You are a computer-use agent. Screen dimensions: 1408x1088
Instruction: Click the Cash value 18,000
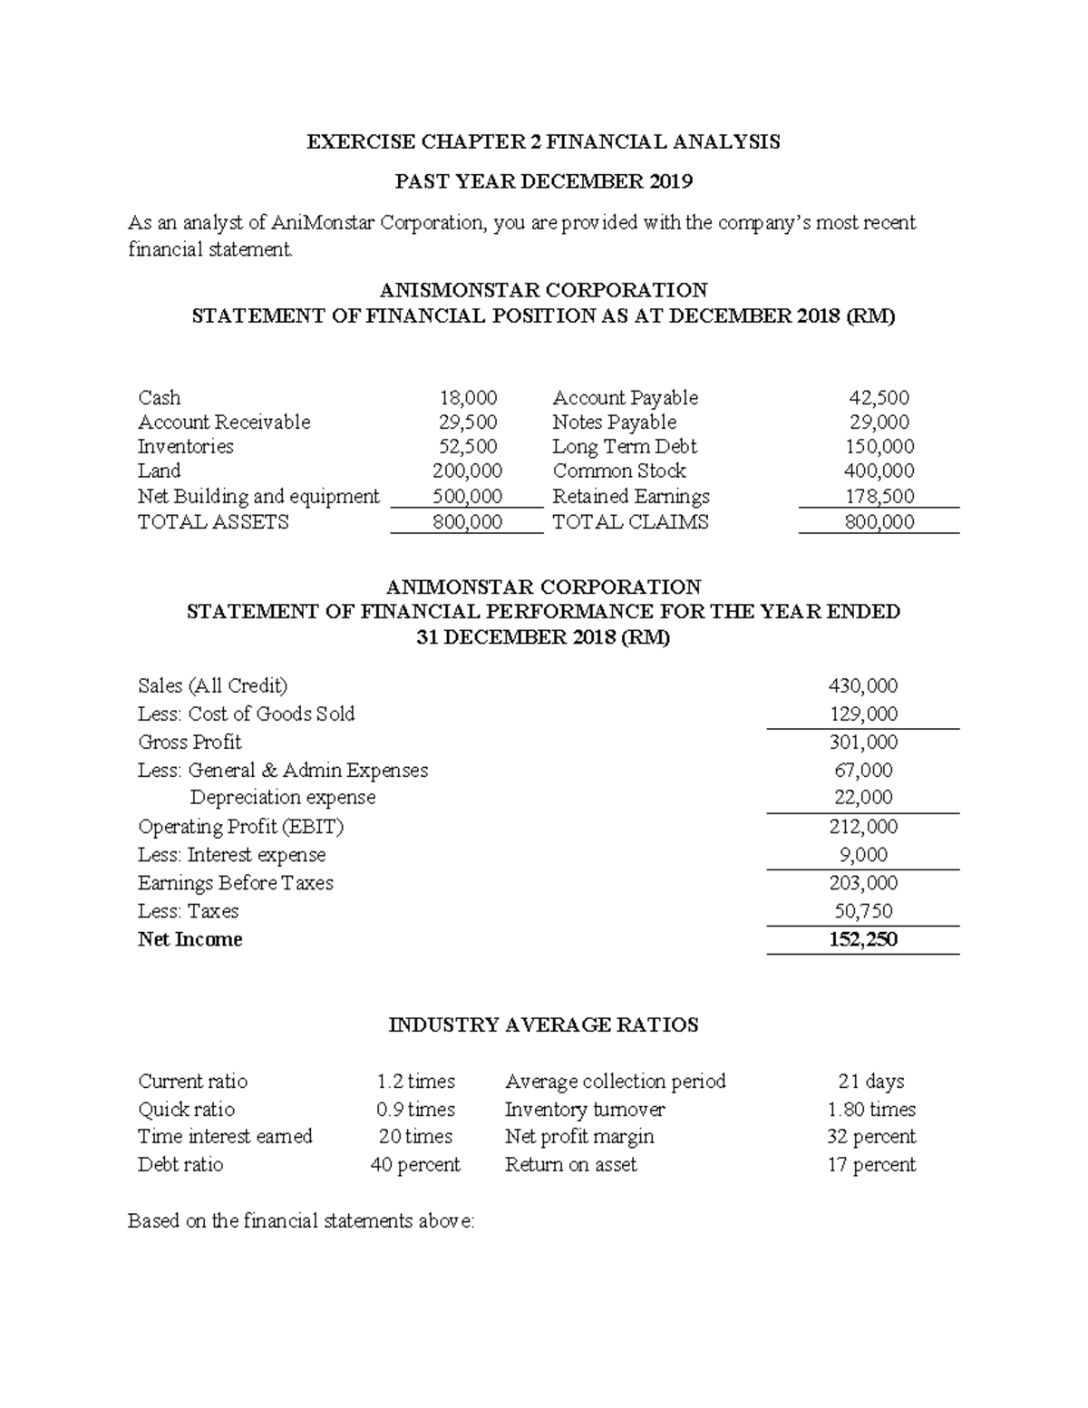point(468,398)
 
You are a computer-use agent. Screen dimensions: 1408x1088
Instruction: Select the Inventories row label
point(185,447)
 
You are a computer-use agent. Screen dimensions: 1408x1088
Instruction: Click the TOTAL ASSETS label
point(213,522)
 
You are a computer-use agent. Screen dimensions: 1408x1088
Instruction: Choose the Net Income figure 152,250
point(863,939)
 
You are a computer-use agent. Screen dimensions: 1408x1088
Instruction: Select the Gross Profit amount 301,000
point(863,743)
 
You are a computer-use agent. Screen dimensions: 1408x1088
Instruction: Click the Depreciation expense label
point(282,798)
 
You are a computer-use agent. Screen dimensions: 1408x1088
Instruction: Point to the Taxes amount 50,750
point(863,911)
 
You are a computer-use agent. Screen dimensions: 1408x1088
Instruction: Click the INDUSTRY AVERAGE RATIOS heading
point(543,1025)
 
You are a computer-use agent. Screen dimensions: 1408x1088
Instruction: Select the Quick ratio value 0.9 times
point(415,1110)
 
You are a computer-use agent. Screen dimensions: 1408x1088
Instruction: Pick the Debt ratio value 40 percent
point(415,1165)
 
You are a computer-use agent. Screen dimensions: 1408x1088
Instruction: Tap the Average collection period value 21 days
point(870,1082)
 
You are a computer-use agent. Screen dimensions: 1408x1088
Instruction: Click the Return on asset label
point(570,1165)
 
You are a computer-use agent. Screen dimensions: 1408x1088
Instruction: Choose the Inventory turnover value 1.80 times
point(870,1110)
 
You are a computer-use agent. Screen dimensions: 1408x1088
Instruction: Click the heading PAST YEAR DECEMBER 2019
point(543,182)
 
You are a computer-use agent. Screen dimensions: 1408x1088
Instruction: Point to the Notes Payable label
point(614,422)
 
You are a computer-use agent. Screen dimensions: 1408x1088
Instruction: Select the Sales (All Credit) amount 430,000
point(863,686)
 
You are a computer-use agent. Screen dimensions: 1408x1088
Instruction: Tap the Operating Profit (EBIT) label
point(240,827)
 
